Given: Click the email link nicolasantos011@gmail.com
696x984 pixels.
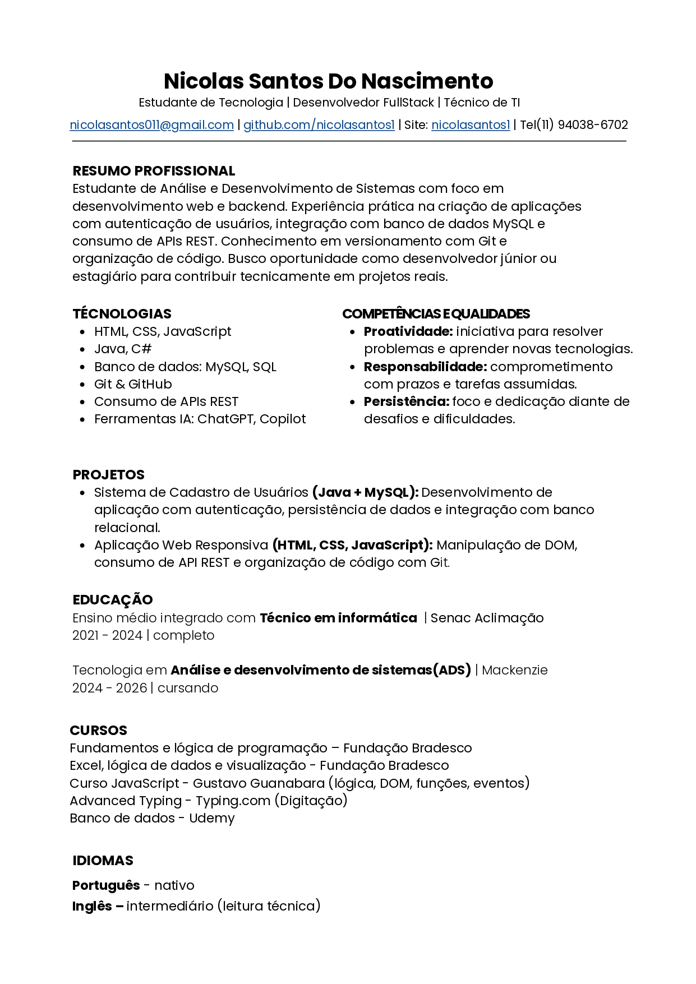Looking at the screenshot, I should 151,125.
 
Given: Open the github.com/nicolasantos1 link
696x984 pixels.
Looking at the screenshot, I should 319,125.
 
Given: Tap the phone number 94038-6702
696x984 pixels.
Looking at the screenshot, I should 593,125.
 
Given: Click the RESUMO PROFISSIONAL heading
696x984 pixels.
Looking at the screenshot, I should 154,171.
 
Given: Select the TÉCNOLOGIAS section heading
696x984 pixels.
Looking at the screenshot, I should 122,314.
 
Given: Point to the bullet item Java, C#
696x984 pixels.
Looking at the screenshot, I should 123,349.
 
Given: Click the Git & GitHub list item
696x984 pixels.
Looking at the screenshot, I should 133,384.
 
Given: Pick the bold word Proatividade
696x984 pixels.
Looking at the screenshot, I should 408,332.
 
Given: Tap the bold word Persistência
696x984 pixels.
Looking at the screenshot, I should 406,401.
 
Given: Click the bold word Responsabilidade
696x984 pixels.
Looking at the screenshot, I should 425,367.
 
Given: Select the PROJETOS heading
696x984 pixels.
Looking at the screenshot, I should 108,475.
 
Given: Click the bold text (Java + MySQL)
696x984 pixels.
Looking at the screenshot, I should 365,492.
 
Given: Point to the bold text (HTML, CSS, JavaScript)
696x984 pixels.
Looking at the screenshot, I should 352,545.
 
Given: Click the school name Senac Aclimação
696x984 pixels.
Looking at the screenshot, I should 487,618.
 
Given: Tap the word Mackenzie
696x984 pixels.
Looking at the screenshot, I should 514,670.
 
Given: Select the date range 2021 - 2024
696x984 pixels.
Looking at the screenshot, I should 107,635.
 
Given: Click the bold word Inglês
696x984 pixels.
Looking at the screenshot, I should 92,906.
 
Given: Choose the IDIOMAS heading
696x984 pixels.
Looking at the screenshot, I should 103,861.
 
